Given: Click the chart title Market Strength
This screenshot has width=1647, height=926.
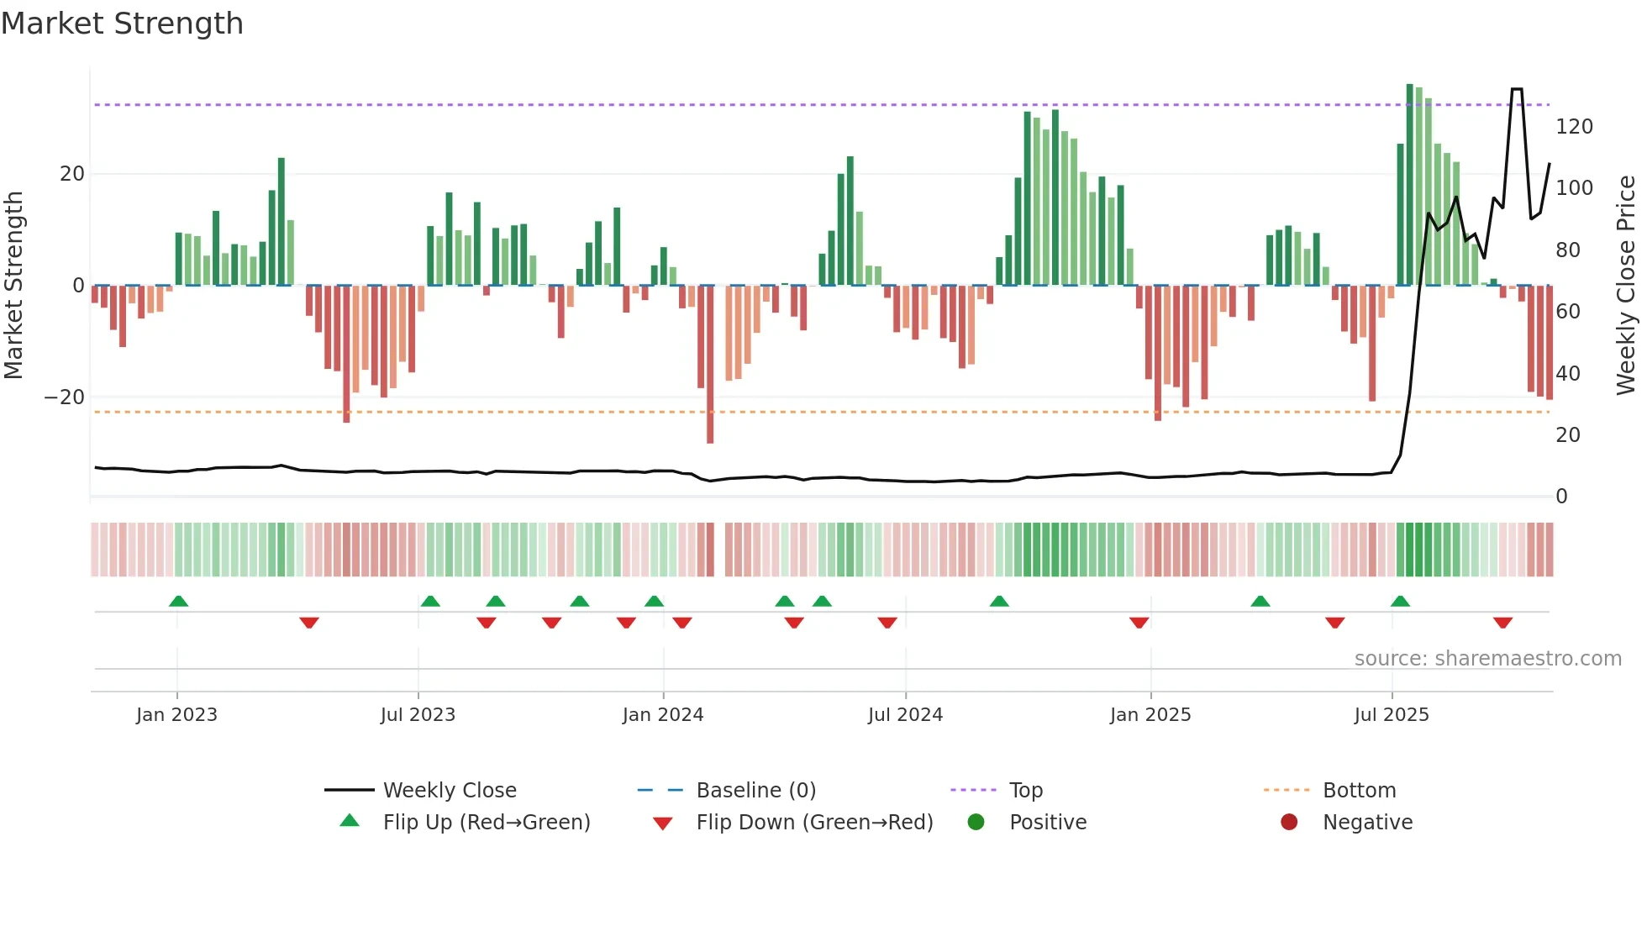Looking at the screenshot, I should (x=122, y=24).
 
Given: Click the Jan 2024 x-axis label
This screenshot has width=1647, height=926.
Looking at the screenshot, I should (x=662, y=715).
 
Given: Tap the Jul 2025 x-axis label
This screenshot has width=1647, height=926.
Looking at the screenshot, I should (x=1391, y=715).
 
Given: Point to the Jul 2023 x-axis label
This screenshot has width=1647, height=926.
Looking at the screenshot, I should (x=418, y=715).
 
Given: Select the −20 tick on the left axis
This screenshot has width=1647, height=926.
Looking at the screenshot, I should (x=65, y=397).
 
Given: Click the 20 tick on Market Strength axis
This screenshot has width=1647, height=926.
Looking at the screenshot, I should (x=72, y=174).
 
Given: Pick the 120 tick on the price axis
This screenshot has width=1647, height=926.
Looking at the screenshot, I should (x=1573, y=127).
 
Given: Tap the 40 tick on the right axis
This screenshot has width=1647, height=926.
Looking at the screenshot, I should (x=1567, y=373).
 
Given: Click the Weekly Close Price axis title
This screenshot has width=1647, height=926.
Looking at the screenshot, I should (x=1626, y=286).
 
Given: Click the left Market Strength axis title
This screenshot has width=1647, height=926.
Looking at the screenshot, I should (x=14, y=286).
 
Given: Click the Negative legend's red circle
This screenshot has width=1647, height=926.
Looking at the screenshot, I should (x=1288, y=823).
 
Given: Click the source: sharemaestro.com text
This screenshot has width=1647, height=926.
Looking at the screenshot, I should (x=1487, y=659).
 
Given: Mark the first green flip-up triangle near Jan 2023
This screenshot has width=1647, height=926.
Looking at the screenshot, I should (x=178, y=602).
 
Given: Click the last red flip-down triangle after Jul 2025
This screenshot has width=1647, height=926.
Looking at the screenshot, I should (x=1502, y=623).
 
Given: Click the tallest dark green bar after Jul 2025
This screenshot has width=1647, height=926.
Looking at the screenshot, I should (x=1409, y=185).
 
